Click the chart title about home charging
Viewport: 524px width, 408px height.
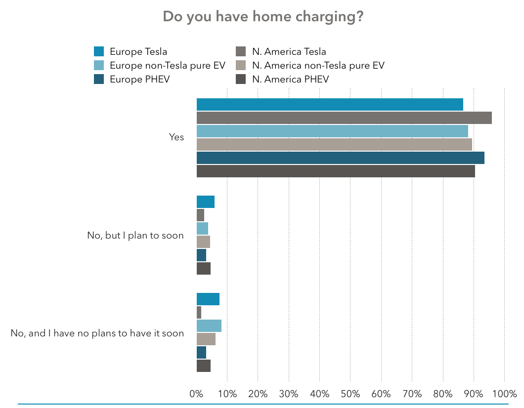[263, 17]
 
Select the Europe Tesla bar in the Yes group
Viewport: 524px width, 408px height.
[330, 105]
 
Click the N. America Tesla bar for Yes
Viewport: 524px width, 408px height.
[344, 118]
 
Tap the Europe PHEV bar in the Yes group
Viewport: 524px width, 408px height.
[340, 158]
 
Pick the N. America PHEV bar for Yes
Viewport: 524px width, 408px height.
[336, 171]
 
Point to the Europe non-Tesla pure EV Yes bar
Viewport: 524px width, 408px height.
[332, 131]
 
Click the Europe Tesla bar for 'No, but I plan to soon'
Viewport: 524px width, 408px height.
[206, 202]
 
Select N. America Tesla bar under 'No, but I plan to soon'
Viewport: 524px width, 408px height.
[200, 215]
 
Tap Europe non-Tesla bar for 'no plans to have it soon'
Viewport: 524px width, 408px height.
[209, 326]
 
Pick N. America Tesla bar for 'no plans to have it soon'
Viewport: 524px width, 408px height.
[199, 313]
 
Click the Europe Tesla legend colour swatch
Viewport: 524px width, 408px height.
[99, 51]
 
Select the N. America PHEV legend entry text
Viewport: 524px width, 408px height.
[290, 79]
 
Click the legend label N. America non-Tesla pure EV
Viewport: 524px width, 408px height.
[318, 65]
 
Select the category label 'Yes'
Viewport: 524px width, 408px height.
[176, 137]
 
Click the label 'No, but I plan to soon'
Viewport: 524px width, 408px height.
[135, 235]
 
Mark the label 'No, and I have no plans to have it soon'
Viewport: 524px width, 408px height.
[97, 333]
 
